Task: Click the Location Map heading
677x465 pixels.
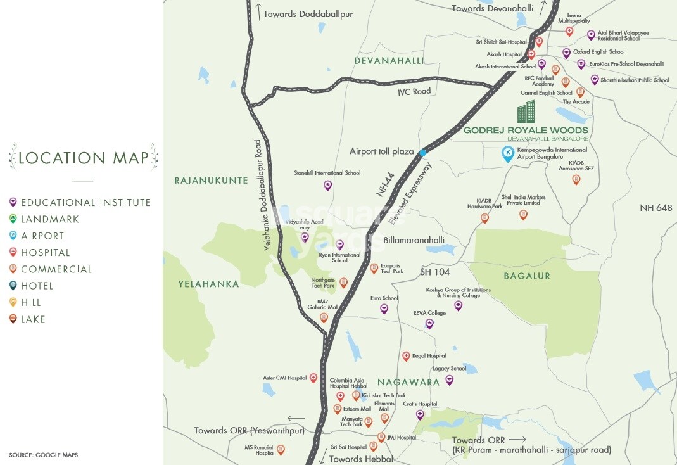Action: [x=83, y=158]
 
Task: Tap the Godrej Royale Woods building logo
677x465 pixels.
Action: [x=526, y=112]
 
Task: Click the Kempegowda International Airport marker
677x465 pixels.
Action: [x=507, y=154]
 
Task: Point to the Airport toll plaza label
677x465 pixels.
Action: [x=381, y=152]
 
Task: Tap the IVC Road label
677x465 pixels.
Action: [x=414, y=91]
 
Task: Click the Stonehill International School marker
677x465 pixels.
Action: [x=327, y=185]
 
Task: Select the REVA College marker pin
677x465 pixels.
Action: [x=429, y=324]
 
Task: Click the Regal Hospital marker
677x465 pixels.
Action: [x=406, y=356]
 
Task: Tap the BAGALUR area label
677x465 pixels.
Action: [x=527, y=276]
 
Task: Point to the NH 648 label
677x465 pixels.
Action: [x=655, y=208]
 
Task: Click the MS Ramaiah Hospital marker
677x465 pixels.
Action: [x=281, y=450]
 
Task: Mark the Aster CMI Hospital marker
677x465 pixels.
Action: [x=313, y=378]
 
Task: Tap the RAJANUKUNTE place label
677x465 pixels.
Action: [x=211, y=181]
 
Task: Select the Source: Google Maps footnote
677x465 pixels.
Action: [x=43, y=455]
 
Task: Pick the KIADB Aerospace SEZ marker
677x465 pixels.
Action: [x=576, y=179]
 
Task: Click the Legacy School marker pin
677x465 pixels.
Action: [x=449, y=379]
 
